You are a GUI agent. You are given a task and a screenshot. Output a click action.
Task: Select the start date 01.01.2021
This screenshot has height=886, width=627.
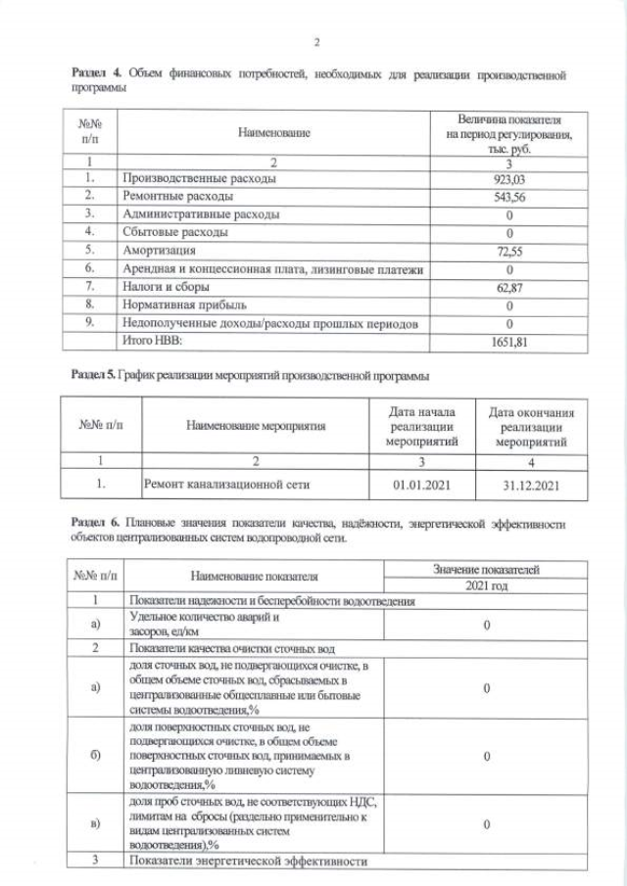click(x=419, y=484)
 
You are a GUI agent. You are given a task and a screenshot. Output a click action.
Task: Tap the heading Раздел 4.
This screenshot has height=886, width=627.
click(x=97, y=74)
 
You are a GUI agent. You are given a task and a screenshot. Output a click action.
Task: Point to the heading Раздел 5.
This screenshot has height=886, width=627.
click(x=94, y=376)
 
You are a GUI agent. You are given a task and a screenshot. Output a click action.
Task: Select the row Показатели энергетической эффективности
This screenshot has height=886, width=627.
click(x=248, y=862)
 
